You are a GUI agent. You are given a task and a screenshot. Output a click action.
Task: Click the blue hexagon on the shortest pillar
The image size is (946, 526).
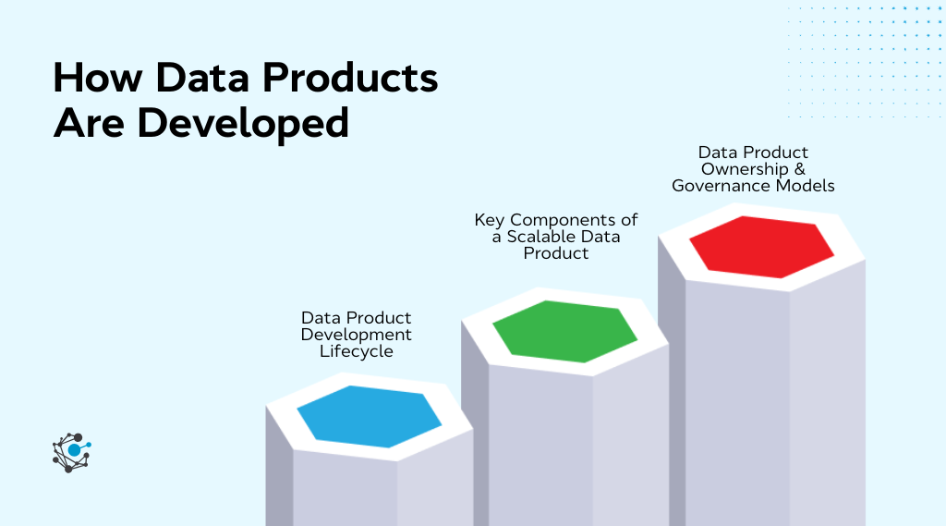(x=370, y=417)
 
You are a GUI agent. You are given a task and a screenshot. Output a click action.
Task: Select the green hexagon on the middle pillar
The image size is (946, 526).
(x=564, y=331)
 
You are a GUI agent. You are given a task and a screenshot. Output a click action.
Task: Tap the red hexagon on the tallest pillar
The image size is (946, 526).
(x=761, y=246)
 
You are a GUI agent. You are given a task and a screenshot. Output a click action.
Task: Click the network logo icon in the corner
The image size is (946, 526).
(x=71, y=452)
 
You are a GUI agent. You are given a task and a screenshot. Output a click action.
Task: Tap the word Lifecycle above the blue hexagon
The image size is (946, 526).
(x=357, y=351)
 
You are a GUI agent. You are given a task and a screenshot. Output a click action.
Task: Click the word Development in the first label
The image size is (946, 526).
(x=357, y=335)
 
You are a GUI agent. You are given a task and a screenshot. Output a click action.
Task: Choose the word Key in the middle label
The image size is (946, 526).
(x=490, y=220)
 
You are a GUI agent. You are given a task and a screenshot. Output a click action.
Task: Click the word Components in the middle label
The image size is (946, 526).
(x=564, y=220)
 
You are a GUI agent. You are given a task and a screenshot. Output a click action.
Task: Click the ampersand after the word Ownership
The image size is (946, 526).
(x=799, y=169)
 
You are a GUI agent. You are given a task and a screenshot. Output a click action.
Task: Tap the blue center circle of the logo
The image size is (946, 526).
(x=74, y=450)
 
